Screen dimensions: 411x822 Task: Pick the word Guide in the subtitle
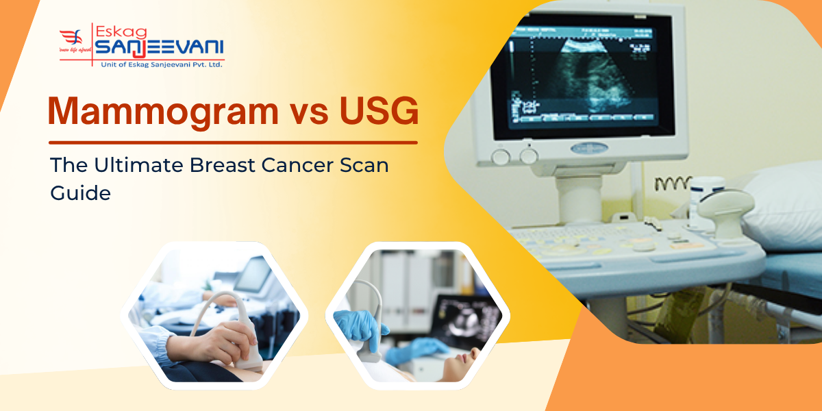click(80, 193)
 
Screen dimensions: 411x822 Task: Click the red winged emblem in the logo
click(73, 40)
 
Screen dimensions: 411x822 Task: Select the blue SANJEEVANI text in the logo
click(158, 48)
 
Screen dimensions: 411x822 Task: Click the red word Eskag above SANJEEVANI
click(121, 30)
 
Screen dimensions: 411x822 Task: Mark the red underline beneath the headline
click(233, 142)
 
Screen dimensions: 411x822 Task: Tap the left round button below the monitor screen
click(501, 156)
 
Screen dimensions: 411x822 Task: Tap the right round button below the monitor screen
click(528, 156)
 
